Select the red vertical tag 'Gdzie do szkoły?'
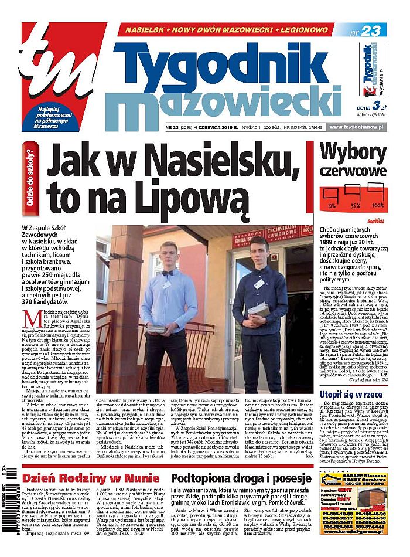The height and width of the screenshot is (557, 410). coord(31,176)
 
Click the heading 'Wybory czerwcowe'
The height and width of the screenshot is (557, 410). coord(354,160)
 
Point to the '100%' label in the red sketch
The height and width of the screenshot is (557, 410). coord(377,206)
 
